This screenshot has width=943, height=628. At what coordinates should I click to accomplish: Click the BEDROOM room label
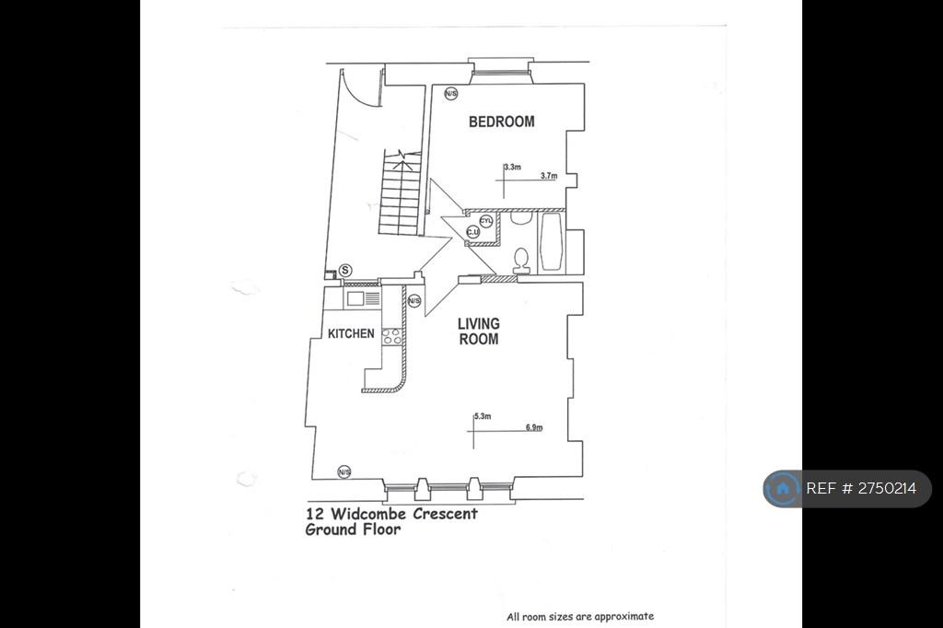(502, 122)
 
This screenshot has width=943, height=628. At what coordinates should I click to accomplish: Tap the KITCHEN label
(351, 333)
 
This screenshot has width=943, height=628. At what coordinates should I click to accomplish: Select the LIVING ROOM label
(479, 331)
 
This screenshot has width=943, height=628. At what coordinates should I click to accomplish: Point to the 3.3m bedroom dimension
(512, 167)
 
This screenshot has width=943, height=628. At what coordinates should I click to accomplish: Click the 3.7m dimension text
(549, 176)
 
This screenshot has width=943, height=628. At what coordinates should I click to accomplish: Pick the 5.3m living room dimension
(483, 415)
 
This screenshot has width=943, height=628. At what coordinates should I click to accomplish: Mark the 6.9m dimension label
(534, 427)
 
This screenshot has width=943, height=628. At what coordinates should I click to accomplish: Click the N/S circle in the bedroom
(451, 93)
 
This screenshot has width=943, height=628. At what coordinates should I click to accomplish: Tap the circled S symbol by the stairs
(345, 271)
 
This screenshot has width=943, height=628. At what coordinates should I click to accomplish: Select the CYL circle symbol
(486, 221)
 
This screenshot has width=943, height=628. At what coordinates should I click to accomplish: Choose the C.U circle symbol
(473, 232)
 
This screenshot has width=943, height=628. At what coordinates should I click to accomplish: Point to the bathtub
(551, 242)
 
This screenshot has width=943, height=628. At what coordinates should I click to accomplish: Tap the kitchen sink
(362, 298)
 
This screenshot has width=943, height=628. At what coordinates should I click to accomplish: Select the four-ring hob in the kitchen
(391, 337)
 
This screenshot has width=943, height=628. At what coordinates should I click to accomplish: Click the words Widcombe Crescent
(404, 514)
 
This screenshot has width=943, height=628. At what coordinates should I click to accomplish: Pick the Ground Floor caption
(353, 529)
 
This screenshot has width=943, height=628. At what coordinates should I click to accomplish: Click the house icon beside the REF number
(783, 488)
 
